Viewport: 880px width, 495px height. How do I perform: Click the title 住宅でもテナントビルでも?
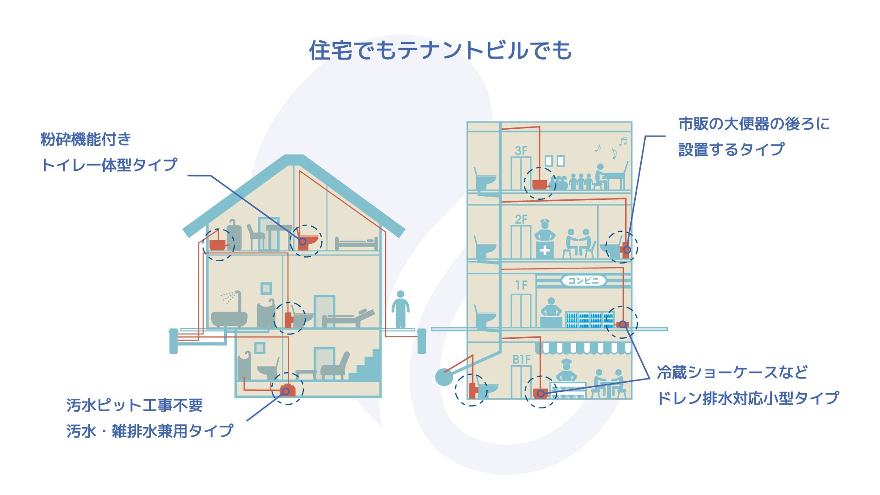pyautogui.click(x=440, y=50)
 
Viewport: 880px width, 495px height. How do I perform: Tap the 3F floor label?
pyautogui.click(x=521, y=151)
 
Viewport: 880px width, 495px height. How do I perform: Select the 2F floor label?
pyautogui.click(x=521, y=220)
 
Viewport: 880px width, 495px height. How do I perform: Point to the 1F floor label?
pyautogui.click(x=521, y=286)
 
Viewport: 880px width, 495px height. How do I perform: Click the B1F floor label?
pyautogui.click(x=521, y=360)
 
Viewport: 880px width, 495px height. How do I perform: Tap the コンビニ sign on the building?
pyautogui.click(x=583, y=280)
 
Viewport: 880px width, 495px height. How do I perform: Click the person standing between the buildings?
pyautogui.click(x=401, y=309)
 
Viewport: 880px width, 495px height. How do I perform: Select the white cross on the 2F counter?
pyautogui.click(x=544, y=251)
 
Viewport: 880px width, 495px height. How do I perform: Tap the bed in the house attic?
pyautogui.click(x=356, y=243)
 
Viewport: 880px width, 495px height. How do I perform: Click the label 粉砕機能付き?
pyautogui.click(x=86, y=139)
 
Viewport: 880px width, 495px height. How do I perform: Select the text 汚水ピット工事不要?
pyautogui.click(x=134, y=405)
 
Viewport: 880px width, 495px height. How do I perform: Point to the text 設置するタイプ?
pyautogui.click(x=731, y=149)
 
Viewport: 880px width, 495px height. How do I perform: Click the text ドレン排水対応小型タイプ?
pyautogui.click(x=748, y=398)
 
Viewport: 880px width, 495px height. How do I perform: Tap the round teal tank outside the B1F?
pyautogui.click(x=444, y=377)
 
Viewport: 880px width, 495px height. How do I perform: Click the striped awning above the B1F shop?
pyautogui.click(x=583, y=348)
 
